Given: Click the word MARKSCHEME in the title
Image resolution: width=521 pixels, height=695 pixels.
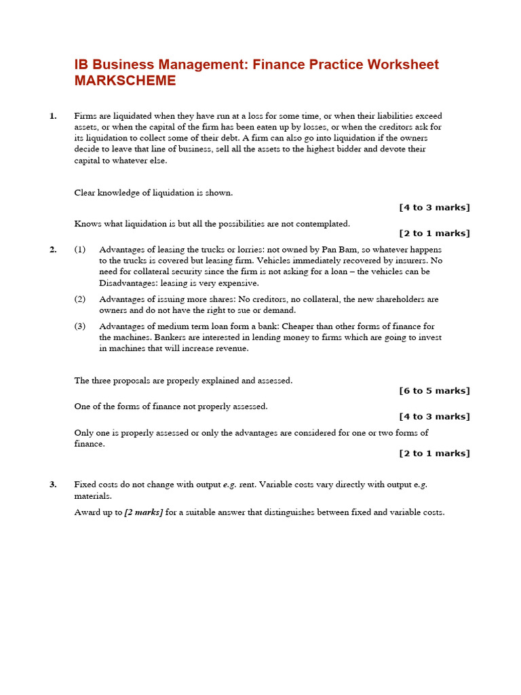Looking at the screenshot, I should click(x=125, y=81).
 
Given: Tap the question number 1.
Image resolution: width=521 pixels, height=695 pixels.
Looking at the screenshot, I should click(x=53, y=116).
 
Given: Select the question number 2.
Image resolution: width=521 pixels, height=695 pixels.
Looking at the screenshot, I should click(x=53, y=250).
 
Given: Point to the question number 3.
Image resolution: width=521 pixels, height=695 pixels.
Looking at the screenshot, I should click(x=53, y=485).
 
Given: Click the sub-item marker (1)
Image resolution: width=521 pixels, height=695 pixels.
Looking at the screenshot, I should click(x=80, y=250).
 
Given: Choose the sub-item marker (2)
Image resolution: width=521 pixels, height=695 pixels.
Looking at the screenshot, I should click(x=80, y=299).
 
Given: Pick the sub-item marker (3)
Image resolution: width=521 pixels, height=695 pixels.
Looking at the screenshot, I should click(x=80, y=326).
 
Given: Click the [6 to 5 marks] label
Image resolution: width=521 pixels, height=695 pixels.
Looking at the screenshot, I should click(x=434, y=391).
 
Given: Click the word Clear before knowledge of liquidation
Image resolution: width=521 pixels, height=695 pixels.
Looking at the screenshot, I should click(x=85, y=193).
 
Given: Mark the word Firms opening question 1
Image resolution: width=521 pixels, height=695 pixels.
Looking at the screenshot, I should click(x=85, y=116).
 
